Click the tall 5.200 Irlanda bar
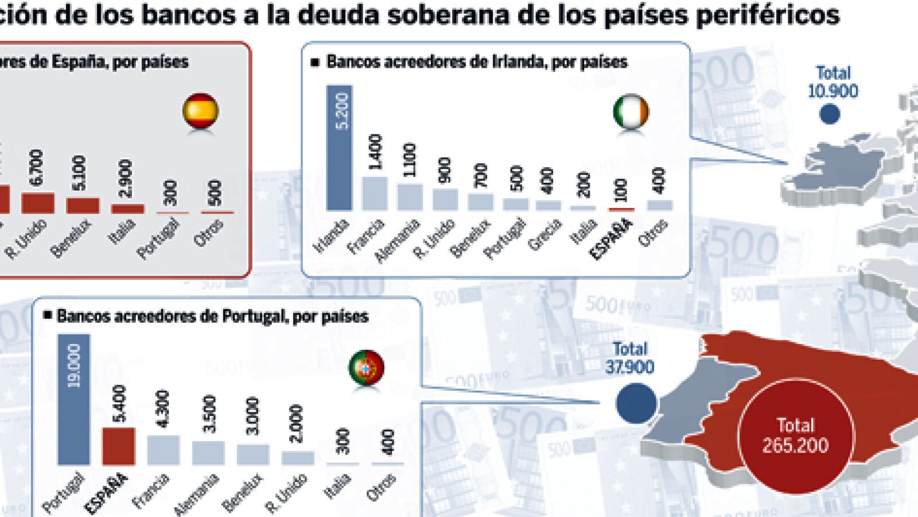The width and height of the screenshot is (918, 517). [x=339, y=148]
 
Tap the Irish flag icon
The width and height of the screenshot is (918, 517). [x=631, y=112]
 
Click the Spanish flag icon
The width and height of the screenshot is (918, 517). [x=200, y=111]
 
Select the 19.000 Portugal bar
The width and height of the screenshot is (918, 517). [x=73, y=399]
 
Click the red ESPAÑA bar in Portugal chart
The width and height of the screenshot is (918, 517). [x=118, y=446]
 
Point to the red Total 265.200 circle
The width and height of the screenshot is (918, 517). [x=795, y=435]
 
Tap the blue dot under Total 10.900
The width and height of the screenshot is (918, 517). [x=830, y=114]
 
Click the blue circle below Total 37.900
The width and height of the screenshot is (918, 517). [x=636, y=403]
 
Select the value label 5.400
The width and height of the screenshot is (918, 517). [x=119, y=403]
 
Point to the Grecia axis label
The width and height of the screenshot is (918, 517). [x=544, y=234]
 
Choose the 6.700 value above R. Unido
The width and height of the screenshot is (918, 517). [x=37, y=168]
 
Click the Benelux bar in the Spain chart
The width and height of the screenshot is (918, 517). [x=83, y=205]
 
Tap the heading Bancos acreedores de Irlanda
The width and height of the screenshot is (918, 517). [x=476, y=61]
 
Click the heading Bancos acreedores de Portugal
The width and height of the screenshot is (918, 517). [x=212, y=316]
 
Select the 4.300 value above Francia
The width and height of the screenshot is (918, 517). [x=163, y=409]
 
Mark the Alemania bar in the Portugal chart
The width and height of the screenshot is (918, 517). [x=208, y=452]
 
